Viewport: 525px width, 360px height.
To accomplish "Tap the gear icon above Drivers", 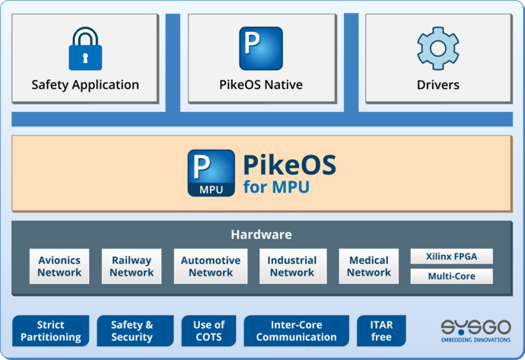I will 437,48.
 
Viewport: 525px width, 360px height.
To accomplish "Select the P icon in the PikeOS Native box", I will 261,48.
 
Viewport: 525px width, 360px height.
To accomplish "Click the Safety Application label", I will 85,84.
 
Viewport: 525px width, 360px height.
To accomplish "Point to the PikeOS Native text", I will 262,84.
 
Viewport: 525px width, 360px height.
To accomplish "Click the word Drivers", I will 437,84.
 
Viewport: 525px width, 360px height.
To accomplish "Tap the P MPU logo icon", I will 211,173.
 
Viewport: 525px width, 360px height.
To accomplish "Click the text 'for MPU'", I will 276,186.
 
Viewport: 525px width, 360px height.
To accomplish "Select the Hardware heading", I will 261,234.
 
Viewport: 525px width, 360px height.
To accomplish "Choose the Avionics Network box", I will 59,266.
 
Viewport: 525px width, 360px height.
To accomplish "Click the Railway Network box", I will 131,266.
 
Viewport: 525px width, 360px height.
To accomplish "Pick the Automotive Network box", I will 211,266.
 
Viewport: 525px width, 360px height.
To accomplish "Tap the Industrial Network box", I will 292,266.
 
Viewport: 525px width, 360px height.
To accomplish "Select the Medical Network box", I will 369,266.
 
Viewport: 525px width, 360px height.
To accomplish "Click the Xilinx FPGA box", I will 451,256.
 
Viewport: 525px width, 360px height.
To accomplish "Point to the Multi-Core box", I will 451,276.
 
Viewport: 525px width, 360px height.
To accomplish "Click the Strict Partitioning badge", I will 50,331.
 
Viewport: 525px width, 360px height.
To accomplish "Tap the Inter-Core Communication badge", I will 296,331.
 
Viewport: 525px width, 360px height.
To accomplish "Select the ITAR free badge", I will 381,331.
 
